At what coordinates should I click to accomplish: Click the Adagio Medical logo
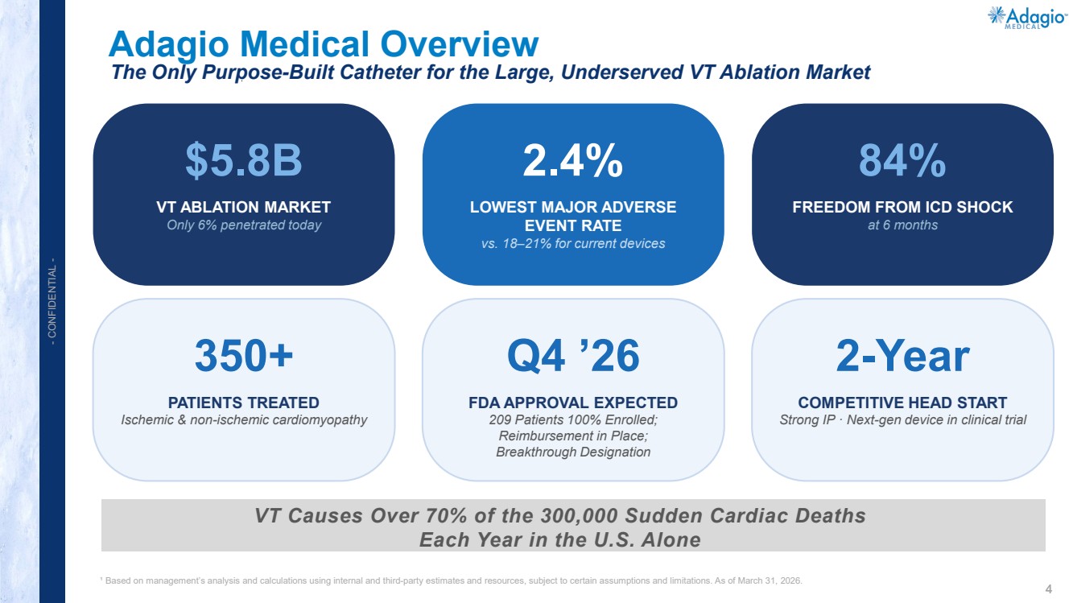[1027, 18]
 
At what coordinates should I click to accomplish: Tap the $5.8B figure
[244, 160]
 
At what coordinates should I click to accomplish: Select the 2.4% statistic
[573, 160]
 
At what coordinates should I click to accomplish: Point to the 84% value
[902, 160]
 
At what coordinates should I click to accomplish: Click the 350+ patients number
[244, 356]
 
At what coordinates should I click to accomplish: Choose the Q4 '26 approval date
[573, 356]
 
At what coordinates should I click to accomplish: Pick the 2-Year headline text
[902, 356]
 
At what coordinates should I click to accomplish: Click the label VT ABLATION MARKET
[243, 207]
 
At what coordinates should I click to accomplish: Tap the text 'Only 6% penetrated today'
[244, 225]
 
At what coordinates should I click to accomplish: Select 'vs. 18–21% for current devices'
[573, 244]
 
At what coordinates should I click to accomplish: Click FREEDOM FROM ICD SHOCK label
[902, 207]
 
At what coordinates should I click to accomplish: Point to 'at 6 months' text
[902, 225]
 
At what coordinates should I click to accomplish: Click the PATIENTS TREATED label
[243, 403]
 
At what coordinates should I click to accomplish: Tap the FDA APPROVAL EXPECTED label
[573, 403]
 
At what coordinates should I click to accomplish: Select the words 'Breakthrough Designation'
[573, 452]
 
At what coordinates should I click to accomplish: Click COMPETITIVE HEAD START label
[902, 403]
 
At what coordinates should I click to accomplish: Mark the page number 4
[1048, 589]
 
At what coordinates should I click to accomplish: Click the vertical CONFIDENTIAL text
[52, 301]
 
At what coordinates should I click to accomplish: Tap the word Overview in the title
[460, 44]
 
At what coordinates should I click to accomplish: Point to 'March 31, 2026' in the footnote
[770, 580]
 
